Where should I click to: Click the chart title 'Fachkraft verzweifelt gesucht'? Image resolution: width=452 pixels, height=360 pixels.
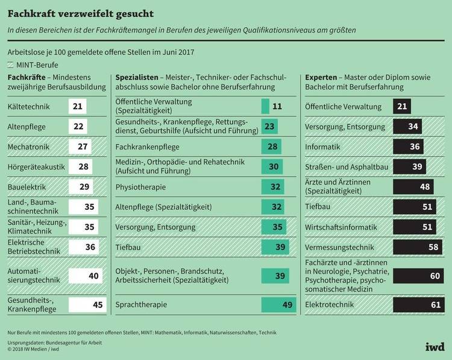81,13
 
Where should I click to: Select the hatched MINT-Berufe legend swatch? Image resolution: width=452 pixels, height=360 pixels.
11,65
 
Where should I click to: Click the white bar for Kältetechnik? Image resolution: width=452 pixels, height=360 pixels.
78,107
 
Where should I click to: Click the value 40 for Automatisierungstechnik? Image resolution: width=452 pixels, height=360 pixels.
93,276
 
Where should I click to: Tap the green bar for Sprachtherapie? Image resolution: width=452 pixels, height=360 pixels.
278,305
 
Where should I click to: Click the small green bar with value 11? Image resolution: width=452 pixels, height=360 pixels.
265,107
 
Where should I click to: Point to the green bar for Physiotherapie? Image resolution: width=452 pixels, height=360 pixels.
272,187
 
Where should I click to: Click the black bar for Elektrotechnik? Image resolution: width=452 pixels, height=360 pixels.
413,305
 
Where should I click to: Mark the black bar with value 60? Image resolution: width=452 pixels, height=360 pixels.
413,276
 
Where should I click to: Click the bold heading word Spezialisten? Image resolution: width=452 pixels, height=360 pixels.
136,78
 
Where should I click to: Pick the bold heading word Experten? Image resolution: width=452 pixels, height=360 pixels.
321,78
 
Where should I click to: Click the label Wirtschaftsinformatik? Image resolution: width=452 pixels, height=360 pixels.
341,227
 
